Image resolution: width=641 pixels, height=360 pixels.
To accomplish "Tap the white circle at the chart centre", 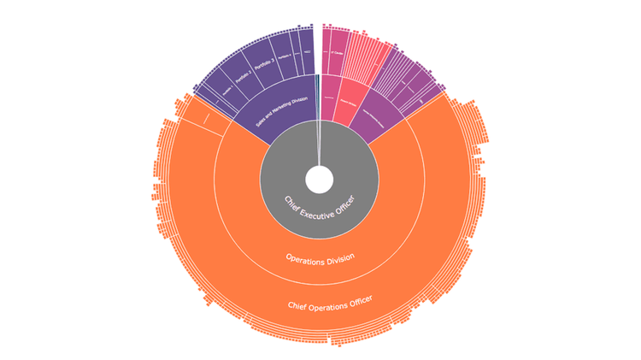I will (x=319, y=180).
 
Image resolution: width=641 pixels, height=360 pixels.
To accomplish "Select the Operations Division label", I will (x=320, y=257).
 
